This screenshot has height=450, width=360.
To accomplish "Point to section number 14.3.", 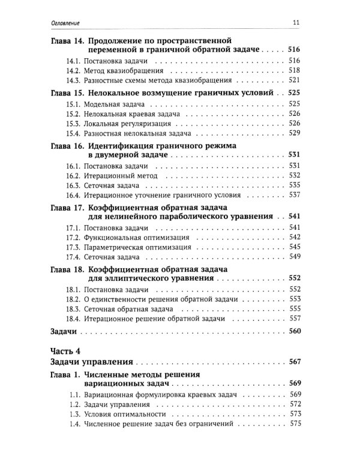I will pos(73,80).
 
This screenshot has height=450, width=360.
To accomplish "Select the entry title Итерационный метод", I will pos(115,176).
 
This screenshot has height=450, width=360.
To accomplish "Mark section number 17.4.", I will pos(73,257).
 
